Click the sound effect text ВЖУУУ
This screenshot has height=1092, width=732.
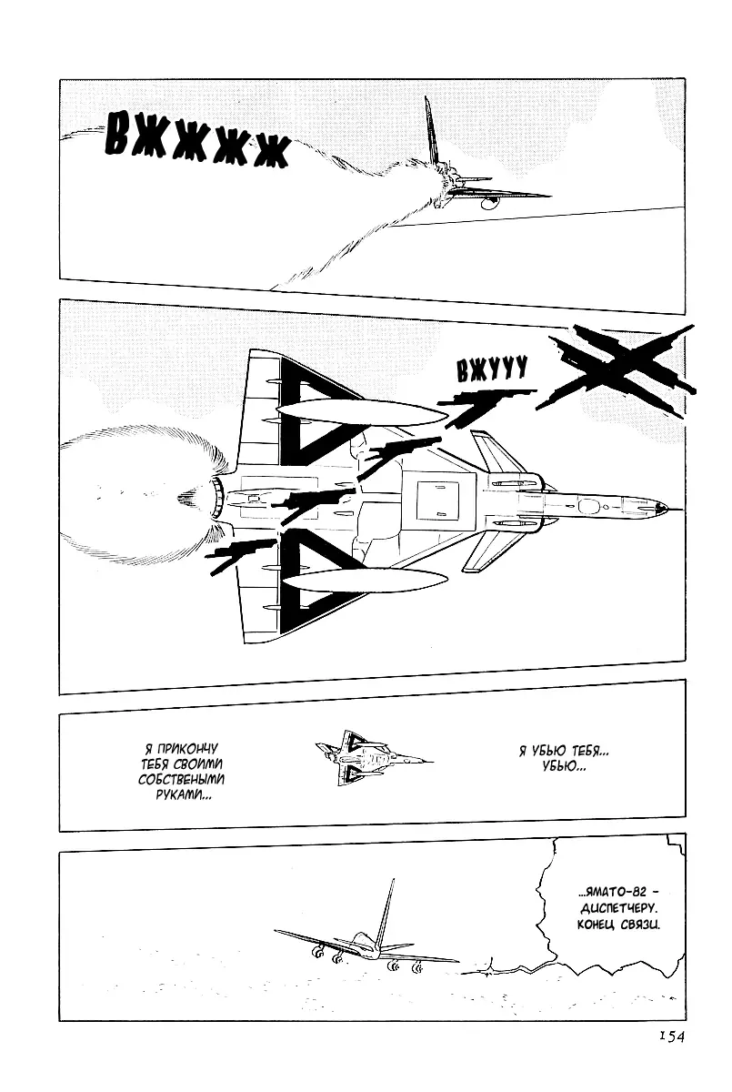tap(492, 369)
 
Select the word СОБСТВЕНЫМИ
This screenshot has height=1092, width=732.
tap(181, 779)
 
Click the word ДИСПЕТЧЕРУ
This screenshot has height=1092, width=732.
tap(617, 909)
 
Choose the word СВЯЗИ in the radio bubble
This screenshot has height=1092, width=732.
tap(640, 925)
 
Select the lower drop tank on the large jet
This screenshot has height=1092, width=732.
tap(366, 581)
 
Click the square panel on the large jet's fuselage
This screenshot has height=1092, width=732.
tap(436, 500)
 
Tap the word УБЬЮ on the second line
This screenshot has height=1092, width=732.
tap(564, 766)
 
